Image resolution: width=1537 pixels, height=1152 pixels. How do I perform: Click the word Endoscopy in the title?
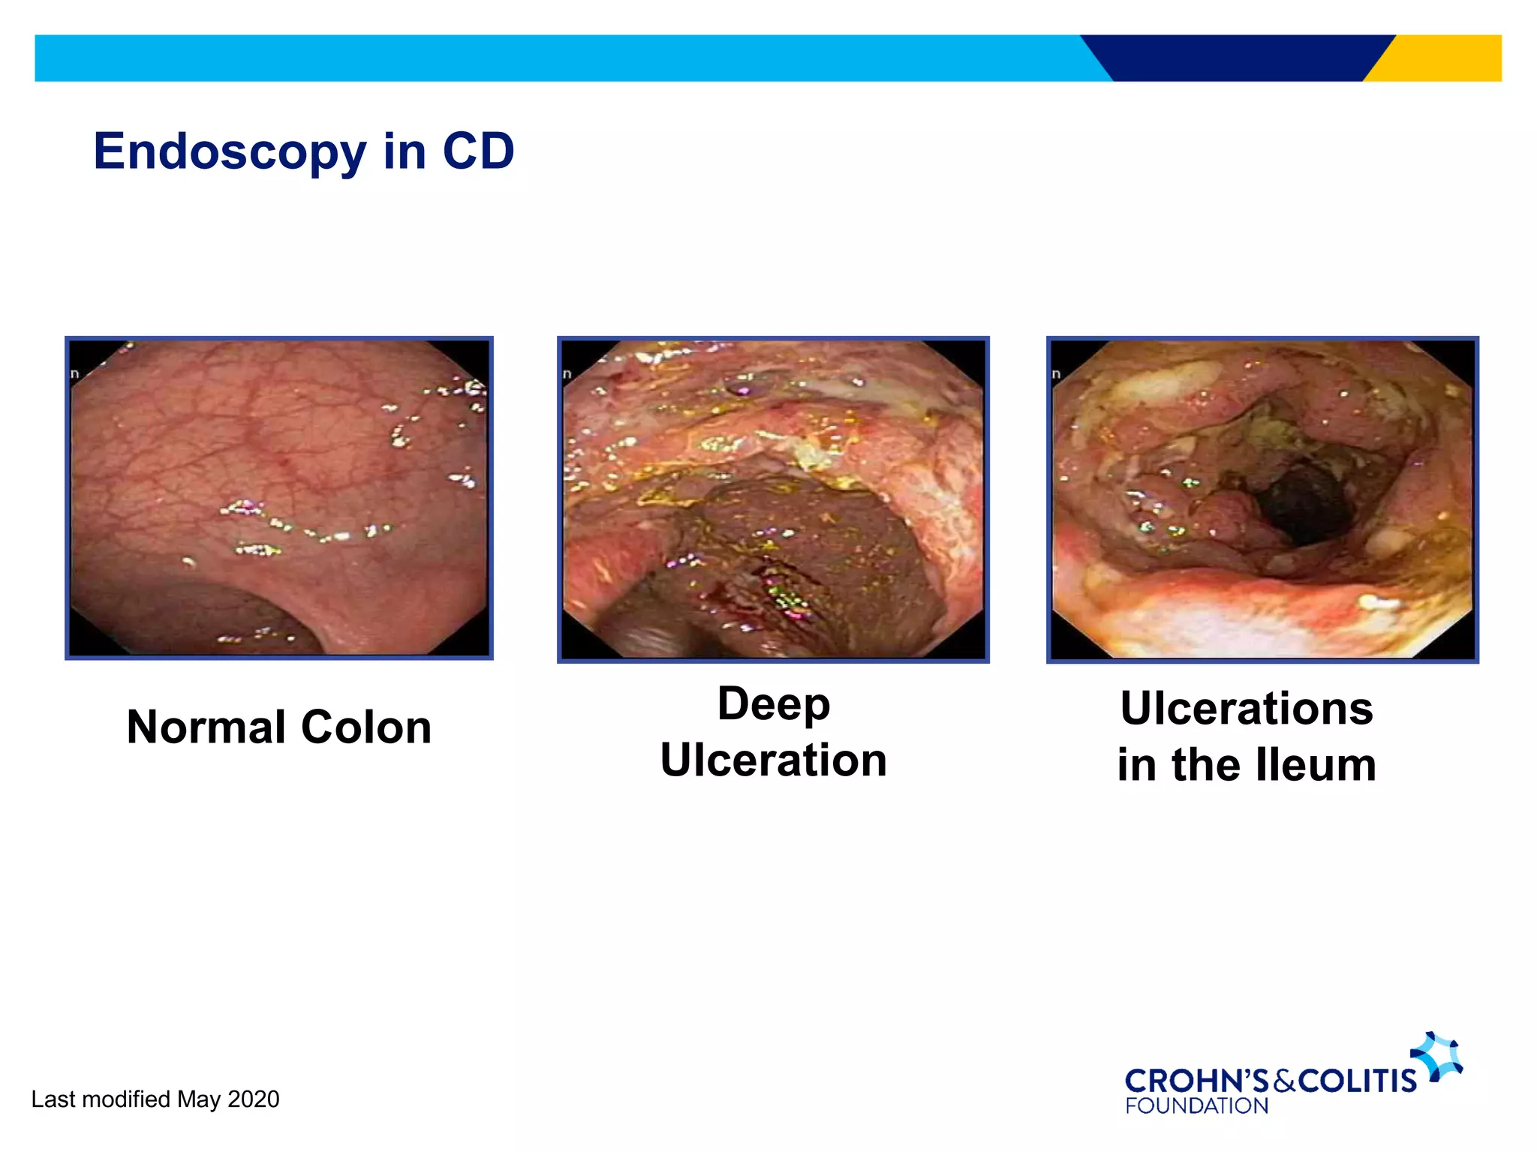(x=229, y=152)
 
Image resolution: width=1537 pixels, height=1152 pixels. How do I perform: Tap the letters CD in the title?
(x=478, y=151)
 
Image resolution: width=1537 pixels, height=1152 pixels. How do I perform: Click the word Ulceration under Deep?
(x=773, y=760)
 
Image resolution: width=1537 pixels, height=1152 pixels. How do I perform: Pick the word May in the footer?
(x=199, y=1099)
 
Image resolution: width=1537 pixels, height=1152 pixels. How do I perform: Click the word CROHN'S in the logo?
(x=1196, y=1081)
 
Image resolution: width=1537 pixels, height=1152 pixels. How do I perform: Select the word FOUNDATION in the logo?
(x=1196, y=1105)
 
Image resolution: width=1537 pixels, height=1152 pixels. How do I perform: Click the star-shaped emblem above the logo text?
(x=1437, y=1056)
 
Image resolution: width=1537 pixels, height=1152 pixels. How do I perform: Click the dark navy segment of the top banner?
(x=1238, y=58)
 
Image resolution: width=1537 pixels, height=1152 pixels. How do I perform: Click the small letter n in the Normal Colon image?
(x=74, y=373)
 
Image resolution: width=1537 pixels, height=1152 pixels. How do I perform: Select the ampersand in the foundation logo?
(x=1284, y=1081)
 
